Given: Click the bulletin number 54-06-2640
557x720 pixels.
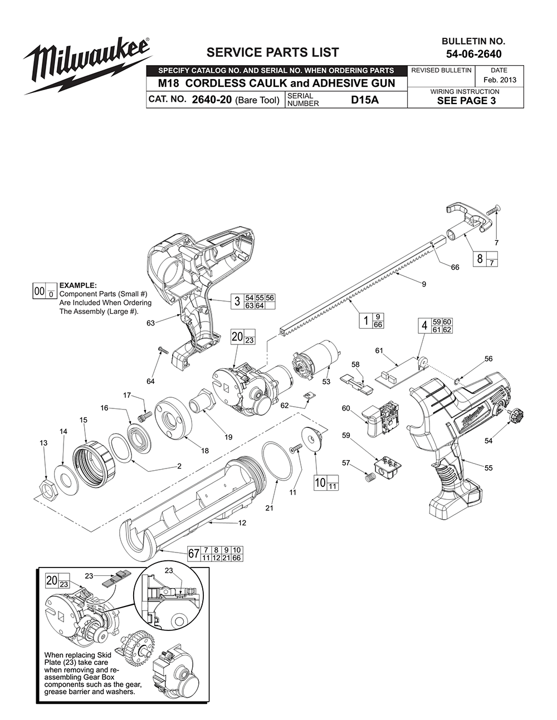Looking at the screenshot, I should [473, 54].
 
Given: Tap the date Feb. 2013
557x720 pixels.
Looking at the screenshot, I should [499, 80].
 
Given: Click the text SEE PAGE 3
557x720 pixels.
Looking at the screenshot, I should [466, 101].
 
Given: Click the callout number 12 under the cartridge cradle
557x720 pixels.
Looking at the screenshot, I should [242, 523].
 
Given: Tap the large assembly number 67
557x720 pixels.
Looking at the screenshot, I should [193, 554].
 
